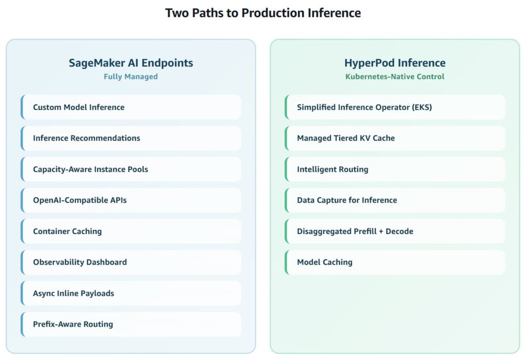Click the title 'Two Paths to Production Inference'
click(x=263, y=13)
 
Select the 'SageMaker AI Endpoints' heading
click(x=131, y=63)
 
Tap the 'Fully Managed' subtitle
click(x=131, y=77)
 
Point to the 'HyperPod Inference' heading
click(x=395, y=63)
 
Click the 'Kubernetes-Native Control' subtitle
click(x=395, y=77)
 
